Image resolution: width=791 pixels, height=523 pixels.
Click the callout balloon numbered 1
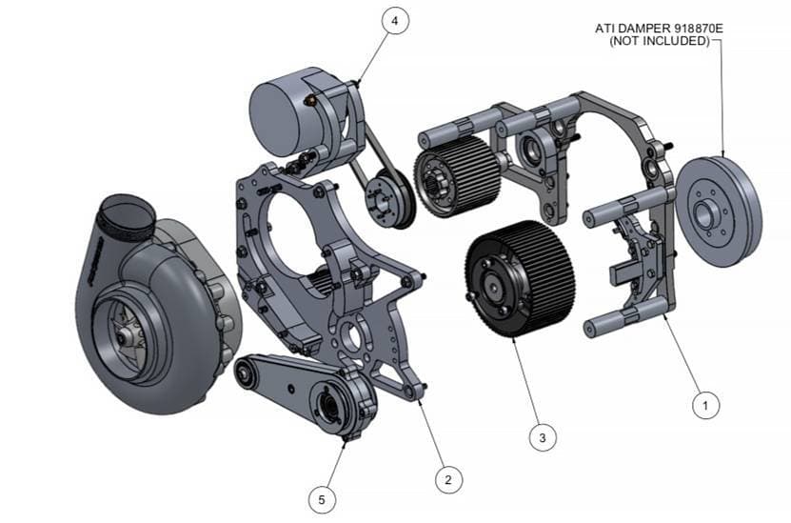[705, 405]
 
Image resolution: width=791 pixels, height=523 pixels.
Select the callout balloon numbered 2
[448, 479]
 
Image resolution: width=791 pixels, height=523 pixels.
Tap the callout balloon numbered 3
[543, 437]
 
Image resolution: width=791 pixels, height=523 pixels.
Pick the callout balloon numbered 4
[394, 21]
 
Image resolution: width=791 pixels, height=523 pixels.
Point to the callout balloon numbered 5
[322, 500]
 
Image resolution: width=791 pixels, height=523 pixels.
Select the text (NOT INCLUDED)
[660, 41]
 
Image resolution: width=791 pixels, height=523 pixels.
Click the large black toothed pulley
[520, 279]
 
